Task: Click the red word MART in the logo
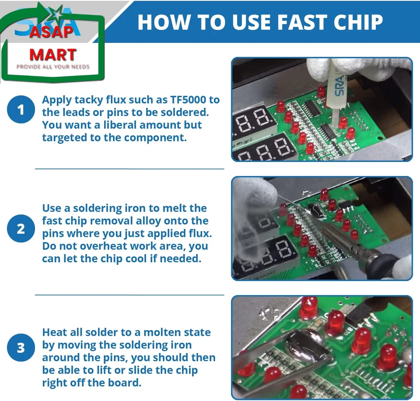coord(53,55)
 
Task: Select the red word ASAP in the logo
coord(51,32)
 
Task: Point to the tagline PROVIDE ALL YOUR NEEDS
coord(53,67)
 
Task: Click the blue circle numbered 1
coord(21,109)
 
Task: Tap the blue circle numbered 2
coord(21,229)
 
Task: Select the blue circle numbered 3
coord(21,348)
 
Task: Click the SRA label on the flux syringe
coord(339,85)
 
